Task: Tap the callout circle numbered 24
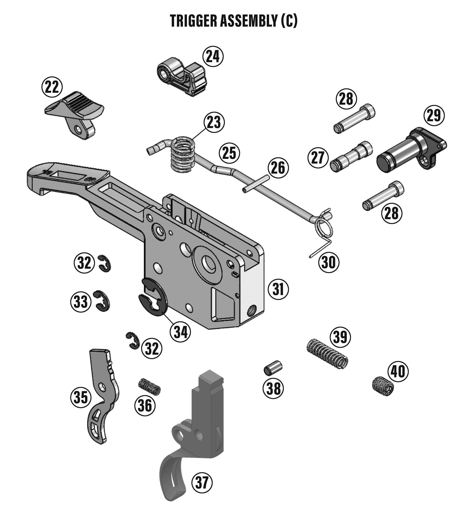pyautogui.click(x=213, y=56)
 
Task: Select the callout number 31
pyautogui.click(x=278, y=289)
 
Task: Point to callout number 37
pyautogui.click(x=202, y=483)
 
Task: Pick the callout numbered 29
pyautogui.click(x=434, y=115)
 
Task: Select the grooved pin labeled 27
pyautogui.click(x=351, y=157)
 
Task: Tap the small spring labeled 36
pyautogui.click(x=149, y=387)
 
